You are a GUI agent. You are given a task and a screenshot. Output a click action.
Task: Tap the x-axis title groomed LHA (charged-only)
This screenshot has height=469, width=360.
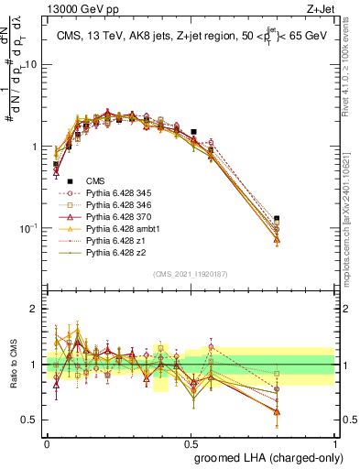tap(265, 456)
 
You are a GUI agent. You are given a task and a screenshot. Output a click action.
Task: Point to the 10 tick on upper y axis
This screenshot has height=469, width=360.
tap(32, 65)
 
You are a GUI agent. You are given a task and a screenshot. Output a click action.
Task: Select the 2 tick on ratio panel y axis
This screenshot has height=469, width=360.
tap(36, 309)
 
